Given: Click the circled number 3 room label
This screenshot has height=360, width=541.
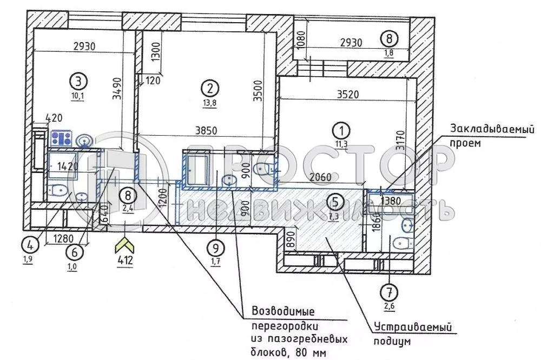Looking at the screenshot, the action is (79, 82).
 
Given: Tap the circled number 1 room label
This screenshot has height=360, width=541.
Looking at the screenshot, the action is (341, 130).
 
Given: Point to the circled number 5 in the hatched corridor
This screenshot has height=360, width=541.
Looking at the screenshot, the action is (335, 201).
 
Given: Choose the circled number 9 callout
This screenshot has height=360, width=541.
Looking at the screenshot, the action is (215, 248).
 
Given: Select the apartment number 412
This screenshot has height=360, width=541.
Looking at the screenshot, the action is (125, 264).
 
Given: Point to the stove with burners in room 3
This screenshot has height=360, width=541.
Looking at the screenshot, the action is (62, 138).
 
